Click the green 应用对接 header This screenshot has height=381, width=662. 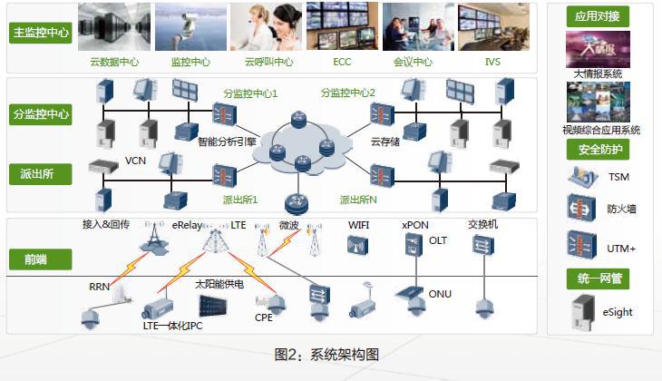[597, 16]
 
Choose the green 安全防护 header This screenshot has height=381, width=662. [597, 149]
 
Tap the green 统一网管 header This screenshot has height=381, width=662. [597, 278]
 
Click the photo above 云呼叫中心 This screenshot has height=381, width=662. [266, 27]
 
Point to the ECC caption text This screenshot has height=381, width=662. [342, 63]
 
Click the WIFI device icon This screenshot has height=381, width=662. [357, 244]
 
